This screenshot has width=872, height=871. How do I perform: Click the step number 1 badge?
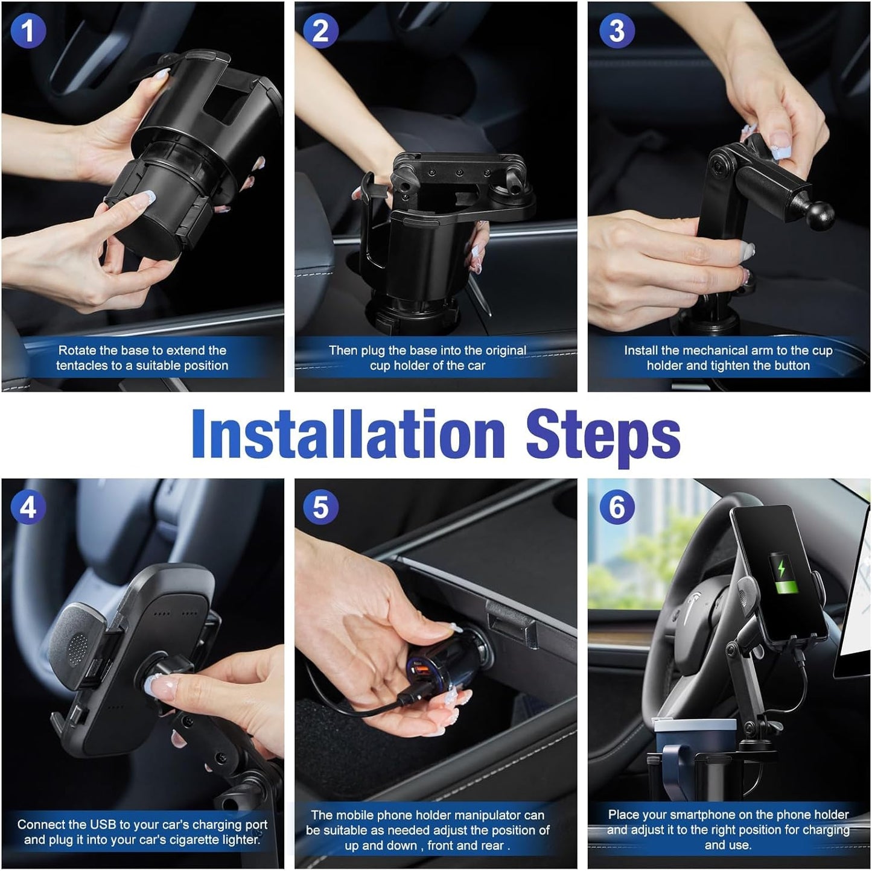(x=28, y=30)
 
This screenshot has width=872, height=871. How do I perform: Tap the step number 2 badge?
(x=320, y=30)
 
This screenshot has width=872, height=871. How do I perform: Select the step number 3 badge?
(x=617, y=30)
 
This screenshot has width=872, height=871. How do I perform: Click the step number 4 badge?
(x=28, y=507)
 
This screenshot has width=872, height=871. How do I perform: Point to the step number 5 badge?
(x=320, y=507)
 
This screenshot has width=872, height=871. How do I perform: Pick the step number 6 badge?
(x=617, y=507)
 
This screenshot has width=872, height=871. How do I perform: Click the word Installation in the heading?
(x=348, y=434)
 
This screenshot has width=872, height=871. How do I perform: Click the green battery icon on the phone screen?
(x=783, y=575)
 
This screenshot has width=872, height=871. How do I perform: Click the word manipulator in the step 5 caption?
(x=487, y=816)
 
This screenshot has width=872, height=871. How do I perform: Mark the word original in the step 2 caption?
(x=496, y=350)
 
